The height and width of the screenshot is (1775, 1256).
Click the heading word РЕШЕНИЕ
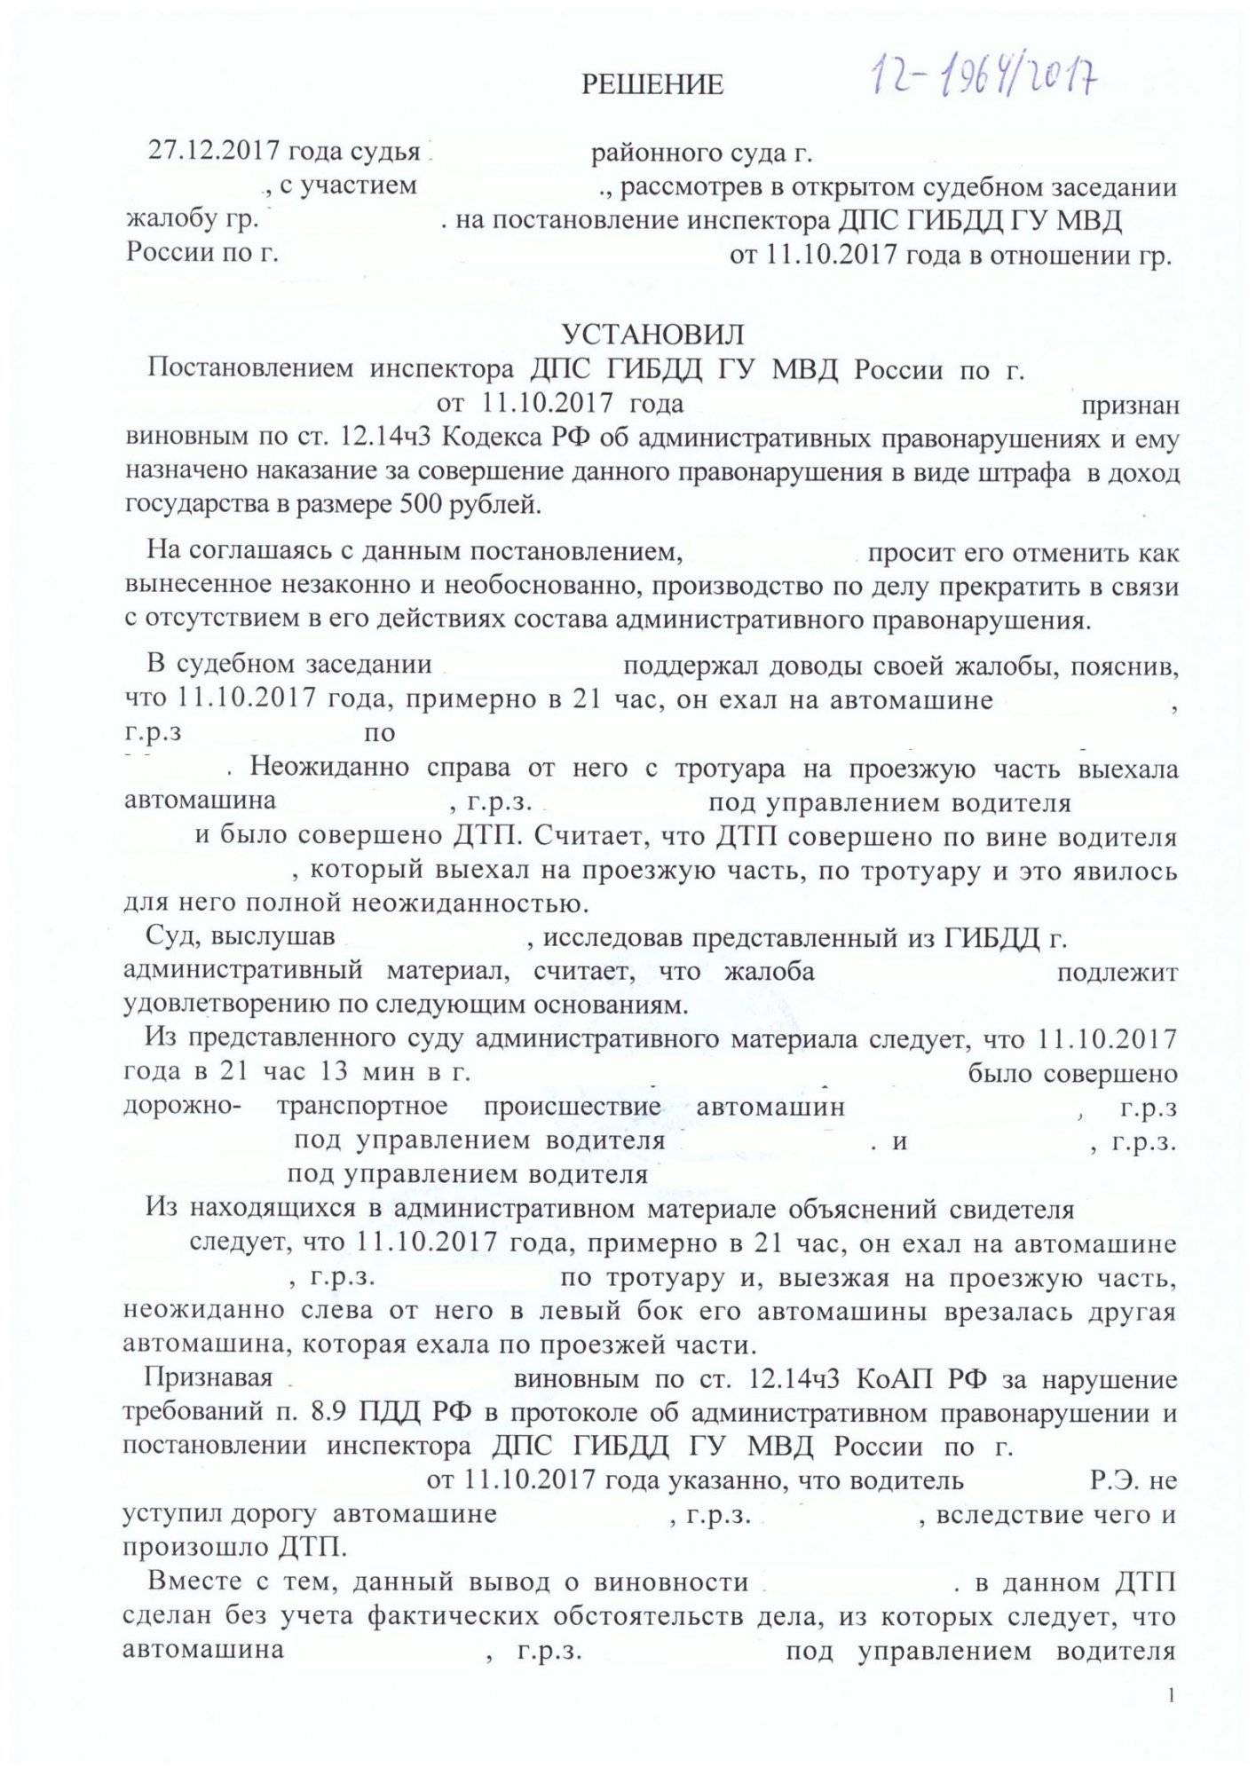pos(652,85)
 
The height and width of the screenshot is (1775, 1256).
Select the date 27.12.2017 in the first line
pos(205,153)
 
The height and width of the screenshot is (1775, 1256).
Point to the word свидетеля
pos(1012,1210)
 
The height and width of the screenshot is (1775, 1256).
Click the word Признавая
pos(209,1379)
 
